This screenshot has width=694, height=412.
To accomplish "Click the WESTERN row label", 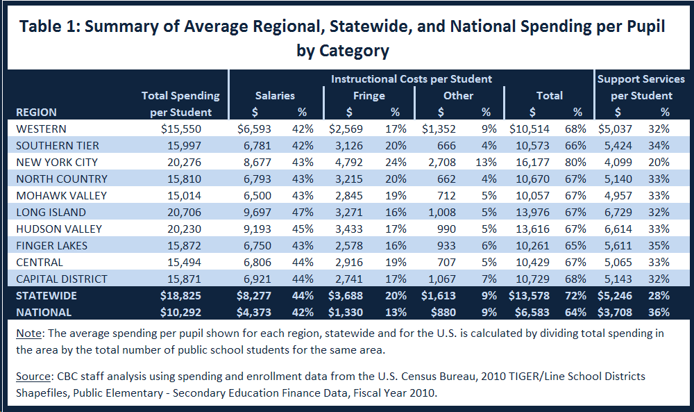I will pos(41,129).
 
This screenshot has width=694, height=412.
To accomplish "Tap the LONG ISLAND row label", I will pos(51,213).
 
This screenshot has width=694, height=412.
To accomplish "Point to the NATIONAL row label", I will pos(43,312).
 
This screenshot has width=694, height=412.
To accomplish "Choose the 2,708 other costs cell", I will pos(441,163).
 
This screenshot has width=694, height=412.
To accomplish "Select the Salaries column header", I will pos(275,96).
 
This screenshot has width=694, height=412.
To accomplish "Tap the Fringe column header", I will pos(369,96).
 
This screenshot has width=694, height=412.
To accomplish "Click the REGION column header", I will pos(36,112).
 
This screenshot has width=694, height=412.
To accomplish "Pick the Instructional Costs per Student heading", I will pos(411,79).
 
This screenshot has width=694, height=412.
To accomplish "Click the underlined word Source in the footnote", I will pos(33,377).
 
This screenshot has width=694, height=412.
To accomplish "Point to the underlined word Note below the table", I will pos(28,333).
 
